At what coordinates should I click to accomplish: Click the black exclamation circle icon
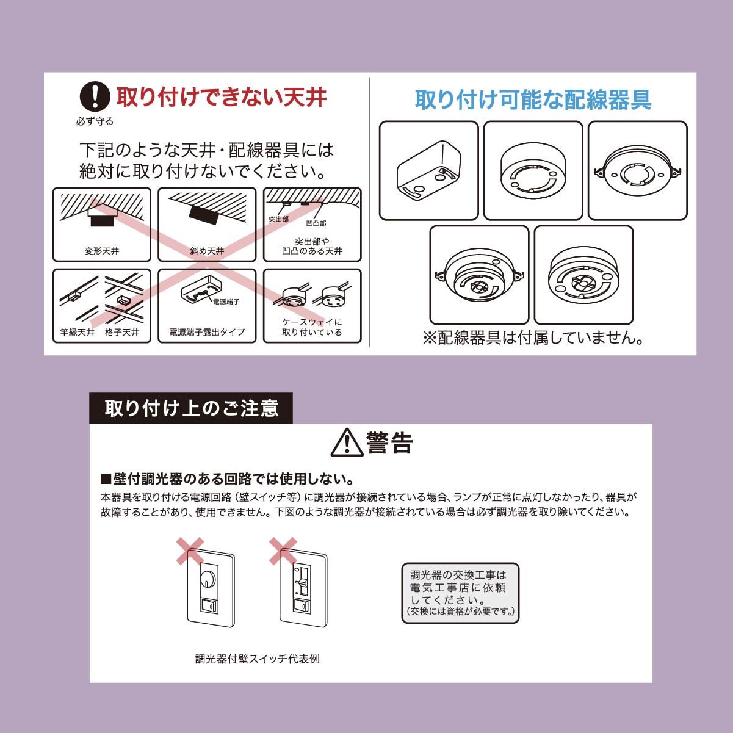coord(95,96)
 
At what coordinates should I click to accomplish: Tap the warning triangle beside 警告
coord(347,442)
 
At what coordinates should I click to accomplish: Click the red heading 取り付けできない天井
coord(222,98)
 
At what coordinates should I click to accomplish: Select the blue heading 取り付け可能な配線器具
coord(533,99)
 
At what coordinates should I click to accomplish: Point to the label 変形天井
coord(102,251)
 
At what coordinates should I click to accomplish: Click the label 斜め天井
coord(207,251)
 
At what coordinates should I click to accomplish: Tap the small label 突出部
coord(278,219)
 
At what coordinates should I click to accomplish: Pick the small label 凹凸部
coord(316,223)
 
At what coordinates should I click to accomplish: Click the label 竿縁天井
coord(78,332)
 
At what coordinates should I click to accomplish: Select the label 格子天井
coord(122,332)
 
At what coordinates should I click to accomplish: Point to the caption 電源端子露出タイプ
coord(207,332)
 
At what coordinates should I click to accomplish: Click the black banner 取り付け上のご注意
coord(191,408)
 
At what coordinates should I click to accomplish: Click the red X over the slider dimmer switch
coord(283,551)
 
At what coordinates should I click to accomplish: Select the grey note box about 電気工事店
coord(460,593)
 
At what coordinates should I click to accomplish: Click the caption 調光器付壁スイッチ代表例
coord(258,659)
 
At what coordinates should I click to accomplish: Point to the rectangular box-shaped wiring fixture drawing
coord(428,170)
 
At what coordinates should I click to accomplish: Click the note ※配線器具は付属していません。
coord(533,338)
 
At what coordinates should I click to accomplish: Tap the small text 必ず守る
coord(95,121)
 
